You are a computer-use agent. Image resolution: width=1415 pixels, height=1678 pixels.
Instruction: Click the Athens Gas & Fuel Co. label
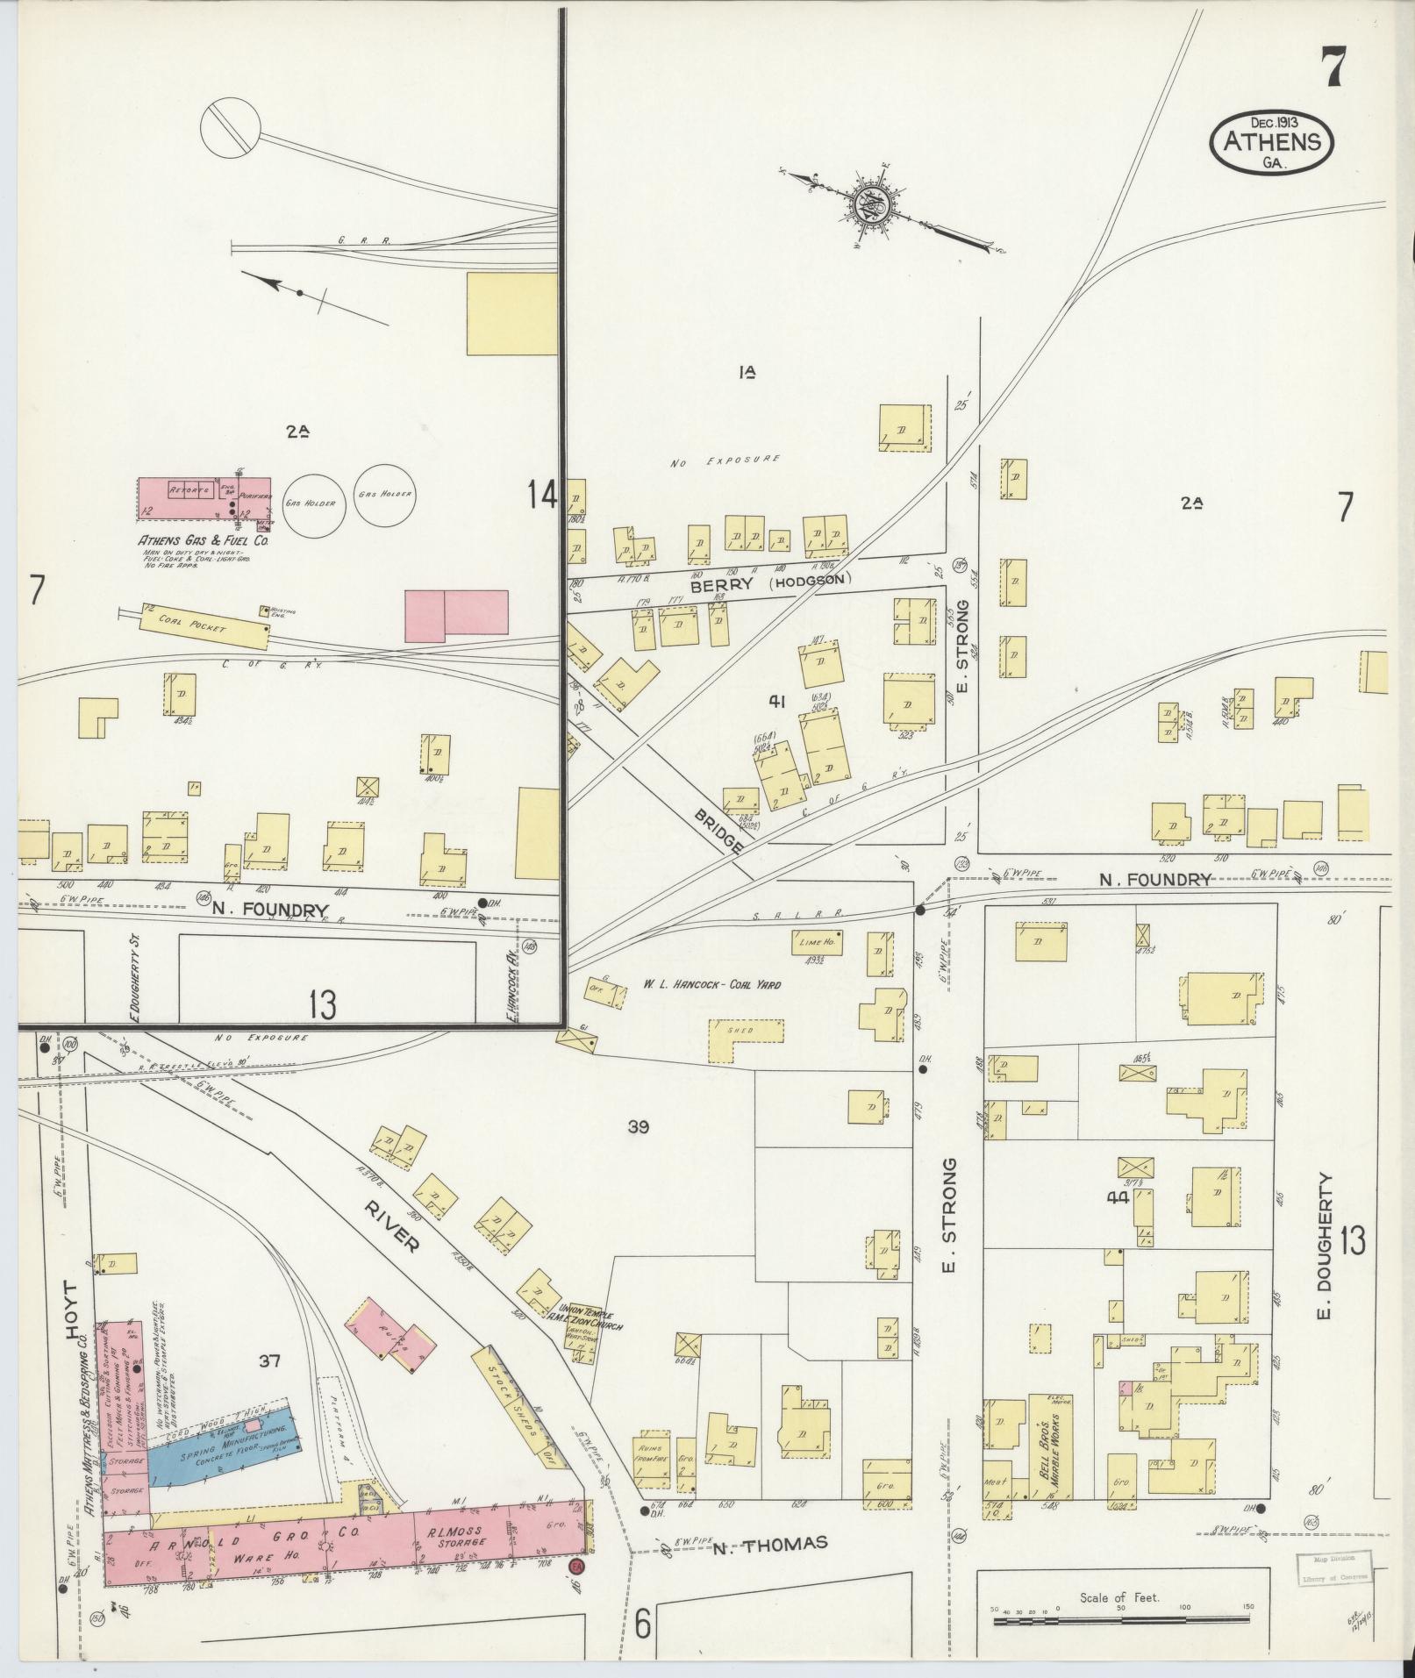click(x=202, y=541)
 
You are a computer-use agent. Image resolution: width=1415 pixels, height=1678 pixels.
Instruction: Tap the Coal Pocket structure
click(x=204, y=624)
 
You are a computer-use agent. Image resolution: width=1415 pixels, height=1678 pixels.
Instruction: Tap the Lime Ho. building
click(x=816, y=942)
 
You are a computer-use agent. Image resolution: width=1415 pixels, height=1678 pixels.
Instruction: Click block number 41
click(x=775, y=700)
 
